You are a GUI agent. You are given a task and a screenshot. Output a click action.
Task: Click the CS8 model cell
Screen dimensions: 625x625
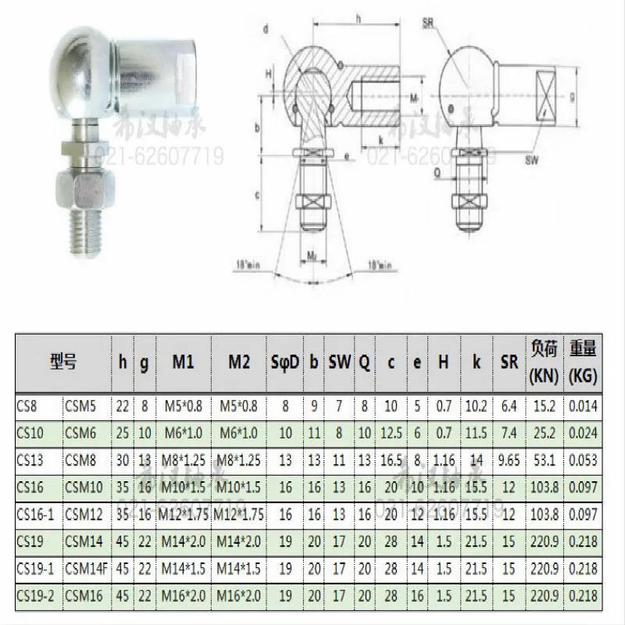click(28, 406)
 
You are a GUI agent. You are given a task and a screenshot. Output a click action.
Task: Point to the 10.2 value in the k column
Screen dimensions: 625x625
click(475, 406)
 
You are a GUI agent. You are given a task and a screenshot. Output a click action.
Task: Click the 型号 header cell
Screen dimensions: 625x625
click(62, 363)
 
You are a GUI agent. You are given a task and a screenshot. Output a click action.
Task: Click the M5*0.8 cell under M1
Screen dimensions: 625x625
click(184, 406)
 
